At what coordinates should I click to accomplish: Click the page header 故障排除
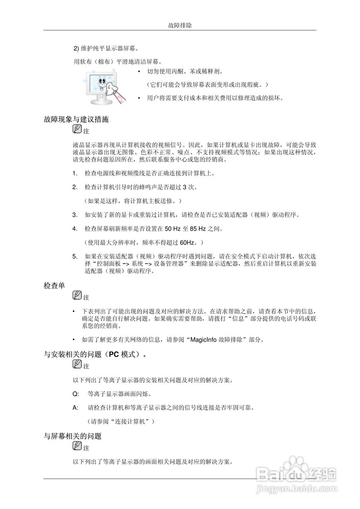pyautogui.click(x=180, y=25)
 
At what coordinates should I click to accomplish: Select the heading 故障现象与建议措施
pyautogui.click(x=76, y=119)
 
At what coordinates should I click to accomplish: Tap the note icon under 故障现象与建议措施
pyautogui.click(x=77, y=129)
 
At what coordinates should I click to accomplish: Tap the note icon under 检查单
pyautogui.click(x=77, y=295)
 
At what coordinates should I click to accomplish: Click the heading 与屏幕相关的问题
pyautogui.click(x=72, y=436)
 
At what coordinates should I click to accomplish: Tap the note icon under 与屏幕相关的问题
pyautogui.click(x=77, y=446)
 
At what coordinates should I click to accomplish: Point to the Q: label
pyautogui.click(x=76, y=394)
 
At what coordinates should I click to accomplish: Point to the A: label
pyautogui.click(x=75, y=408)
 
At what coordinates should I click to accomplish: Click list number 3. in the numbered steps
pyautogui.click(x=75, y=215)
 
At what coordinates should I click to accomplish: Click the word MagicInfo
pyautogui.click(x=204, y=340)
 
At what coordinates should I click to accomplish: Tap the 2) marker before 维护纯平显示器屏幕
pyautogui.click(x=76, y=49)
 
